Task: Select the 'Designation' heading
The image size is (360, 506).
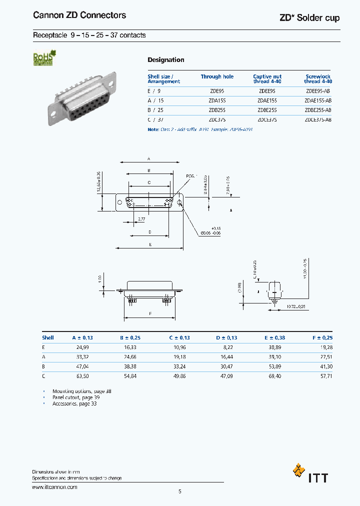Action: (x=165, y=60)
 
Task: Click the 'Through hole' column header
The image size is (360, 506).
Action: (x=217, y=76)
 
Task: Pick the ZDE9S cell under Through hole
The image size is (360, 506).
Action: (x=217, y=91)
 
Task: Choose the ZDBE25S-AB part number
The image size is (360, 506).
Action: (x=317, y=109)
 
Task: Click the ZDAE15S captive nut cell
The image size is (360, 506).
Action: (x=267, y=100)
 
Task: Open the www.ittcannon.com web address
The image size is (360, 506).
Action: (x=54, y=486)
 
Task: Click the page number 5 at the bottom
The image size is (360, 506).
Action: (x=180, y=491)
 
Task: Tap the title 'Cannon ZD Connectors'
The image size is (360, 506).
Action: (x=79, y=15)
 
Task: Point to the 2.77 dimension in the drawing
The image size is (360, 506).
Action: (x=141, y=219)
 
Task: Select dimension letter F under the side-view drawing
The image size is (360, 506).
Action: (x=150, y=313)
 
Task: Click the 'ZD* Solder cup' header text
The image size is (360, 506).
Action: (x=309, y=18)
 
